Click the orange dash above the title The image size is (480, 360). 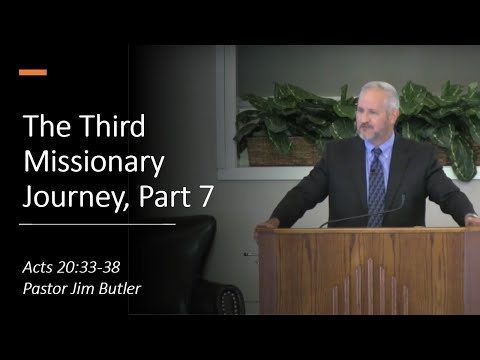click(33, 72)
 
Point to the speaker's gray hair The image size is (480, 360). click(381, 93)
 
